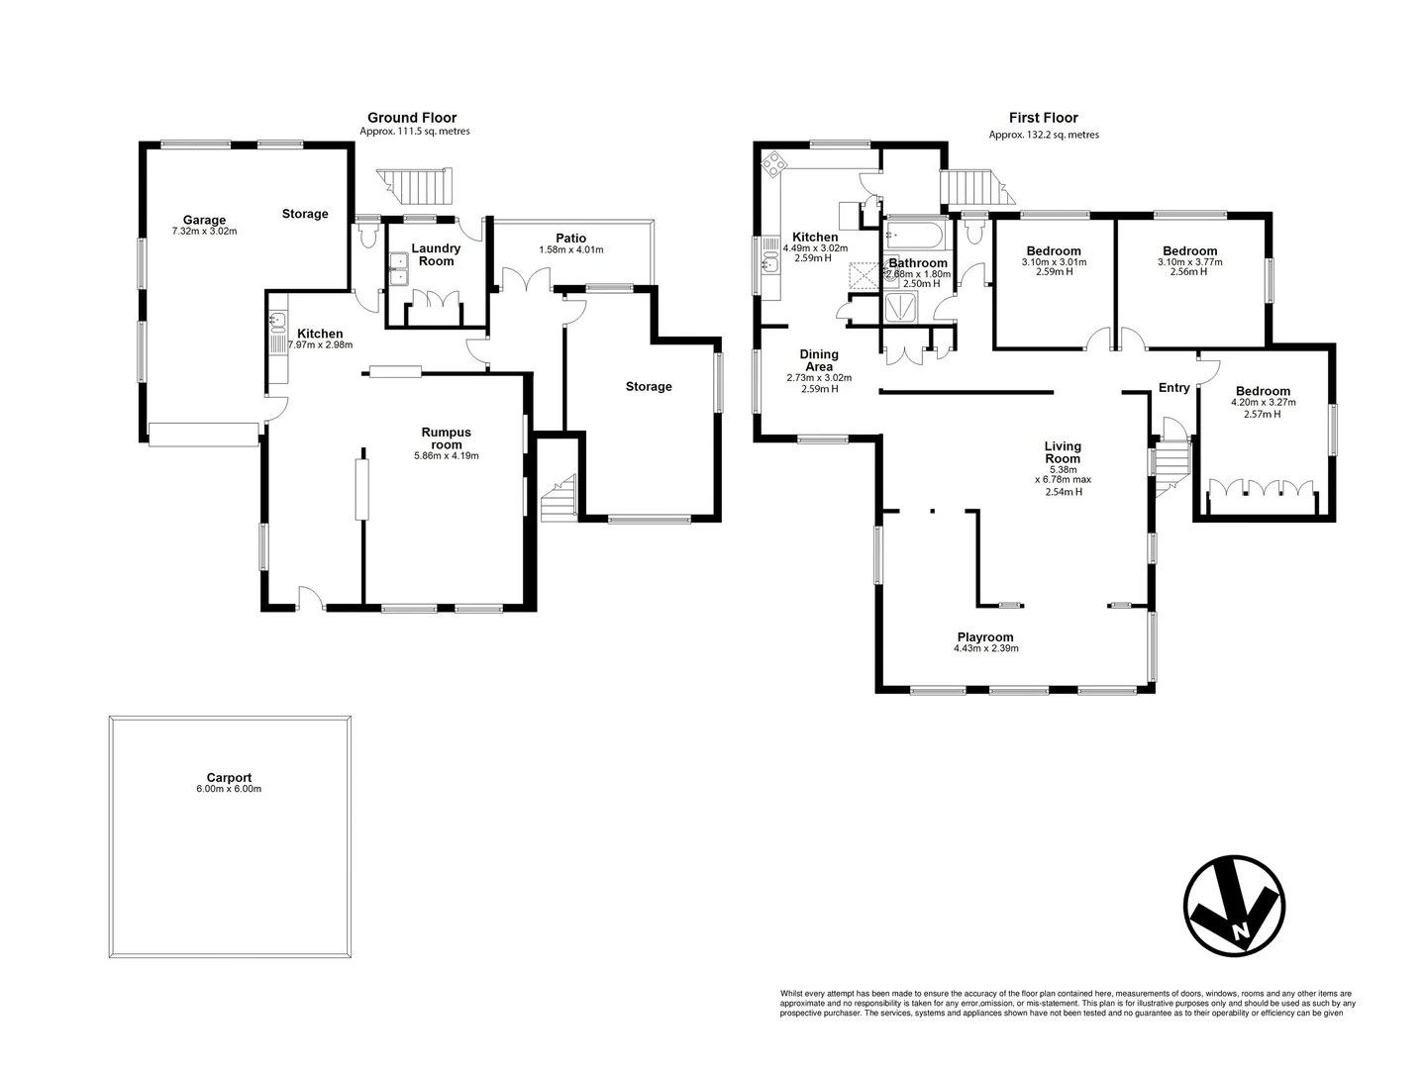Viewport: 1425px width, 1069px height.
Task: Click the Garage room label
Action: tap(204, 220)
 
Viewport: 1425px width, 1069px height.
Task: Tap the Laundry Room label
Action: tap(436, 254)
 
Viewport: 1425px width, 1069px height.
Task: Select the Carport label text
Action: tap(229, 778)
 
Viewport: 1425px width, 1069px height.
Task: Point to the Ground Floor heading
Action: tap(412, 118)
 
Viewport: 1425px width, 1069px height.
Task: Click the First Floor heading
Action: tap(1043, 118)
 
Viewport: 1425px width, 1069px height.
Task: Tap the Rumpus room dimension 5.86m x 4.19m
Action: tap(446, 456)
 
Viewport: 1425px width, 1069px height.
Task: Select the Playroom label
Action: tap(985, 637)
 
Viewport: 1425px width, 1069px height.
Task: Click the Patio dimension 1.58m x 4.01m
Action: tap(570, 250)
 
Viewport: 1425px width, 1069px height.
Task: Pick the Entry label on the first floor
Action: tap(1173, 388)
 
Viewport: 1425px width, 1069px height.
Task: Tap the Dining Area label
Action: tap(819, 360)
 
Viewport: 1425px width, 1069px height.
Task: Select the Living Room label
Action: tap(1063, 452)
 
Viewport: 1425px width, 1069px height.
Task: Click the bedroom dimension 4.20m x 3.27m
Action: tap(1263, 403)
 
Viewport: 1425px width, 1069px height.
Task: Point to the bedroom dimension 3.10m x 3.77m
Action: tap(1189, 262)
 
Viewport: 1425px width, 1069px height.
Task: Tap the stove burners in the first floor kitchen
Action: tap(771, 163)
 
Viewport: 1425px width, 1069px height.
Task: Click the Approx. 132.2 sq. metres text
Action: tap(1043, 135)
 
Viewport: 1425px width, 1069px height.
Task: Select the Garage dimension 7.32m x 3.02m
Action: tap(204, 232)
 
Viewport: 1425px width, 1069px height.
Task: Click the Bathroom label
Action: tap(918, 263)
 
